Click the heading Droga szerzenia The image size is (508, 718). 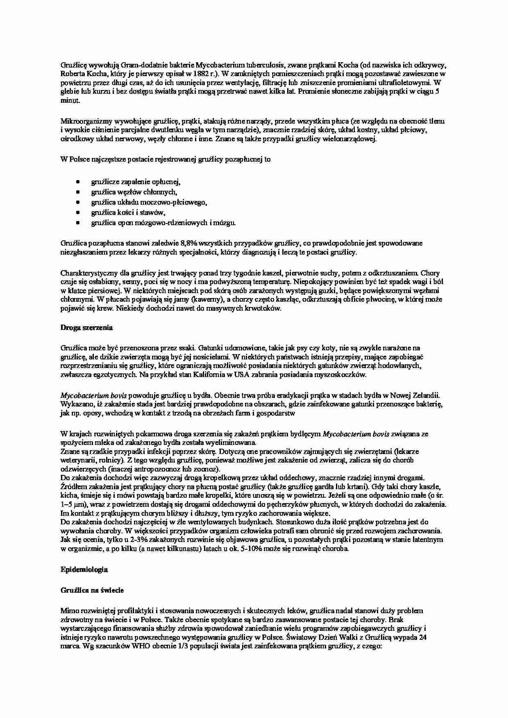(x=86, y=328)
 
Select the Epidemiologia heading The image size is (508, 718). (x=84, y=569)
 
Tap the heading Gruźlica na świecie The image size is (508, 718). (x=92, y=590)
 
